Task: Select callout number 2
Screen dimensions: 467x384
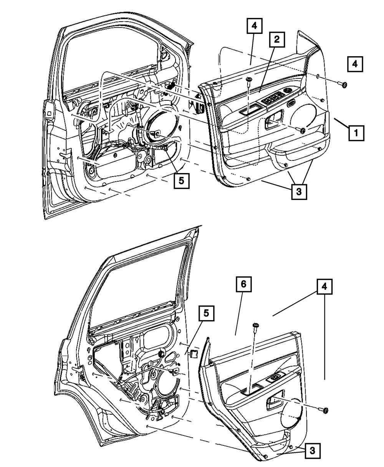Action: [276, 40]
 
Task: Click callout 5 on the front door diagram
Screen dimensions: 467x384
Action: [181, 180]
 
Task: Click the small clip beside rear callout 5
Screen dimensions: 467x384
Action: [194, 352]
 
